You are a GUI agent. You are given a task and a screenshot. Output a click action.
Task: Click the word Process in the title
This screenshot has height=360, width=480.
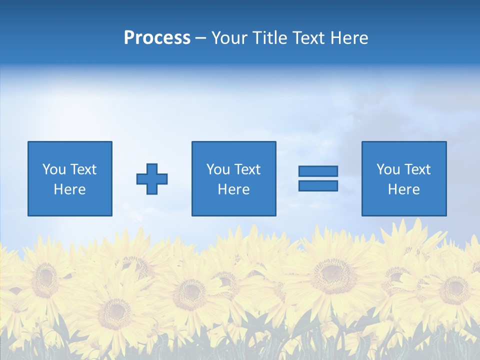tap(157, 38)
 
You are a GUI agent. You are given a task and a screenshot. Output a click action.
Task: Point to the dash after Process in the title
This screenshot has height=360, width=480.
tap(201, 38)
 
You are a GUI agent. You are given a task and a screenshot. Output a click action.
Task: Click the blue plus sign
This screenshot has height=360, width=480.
tap(152, 179)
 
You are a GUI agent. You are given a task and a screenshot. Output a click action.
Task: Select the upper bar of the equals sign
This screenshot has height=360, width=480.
tap(318, 171)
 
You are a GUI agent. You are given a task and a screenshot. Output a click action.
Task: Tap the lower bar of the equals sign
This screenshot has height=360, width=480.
tap(318, 185)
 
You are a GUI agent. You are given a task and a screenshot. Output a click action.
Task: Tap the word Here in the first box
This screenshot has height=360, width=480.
tap(69, 189)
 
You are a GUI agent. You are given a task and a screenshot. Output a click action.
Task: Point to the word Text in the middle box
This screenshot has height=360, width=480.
tap(247, 169)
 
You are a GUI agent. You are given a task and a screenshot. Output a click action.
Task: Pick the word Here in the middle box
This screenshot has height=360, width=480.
tap(233, 189)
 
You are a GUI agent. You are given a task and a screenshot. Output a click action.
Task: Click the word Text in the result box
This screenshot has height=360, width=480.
tap(417, 169)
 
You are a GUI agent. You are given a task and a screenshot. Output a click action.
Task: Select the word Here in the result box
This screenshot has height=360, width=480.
tap(403, 189)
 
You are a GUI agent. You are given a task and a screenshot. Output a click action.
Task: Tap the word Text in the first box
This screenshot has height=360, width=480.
tap(83, 169)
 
